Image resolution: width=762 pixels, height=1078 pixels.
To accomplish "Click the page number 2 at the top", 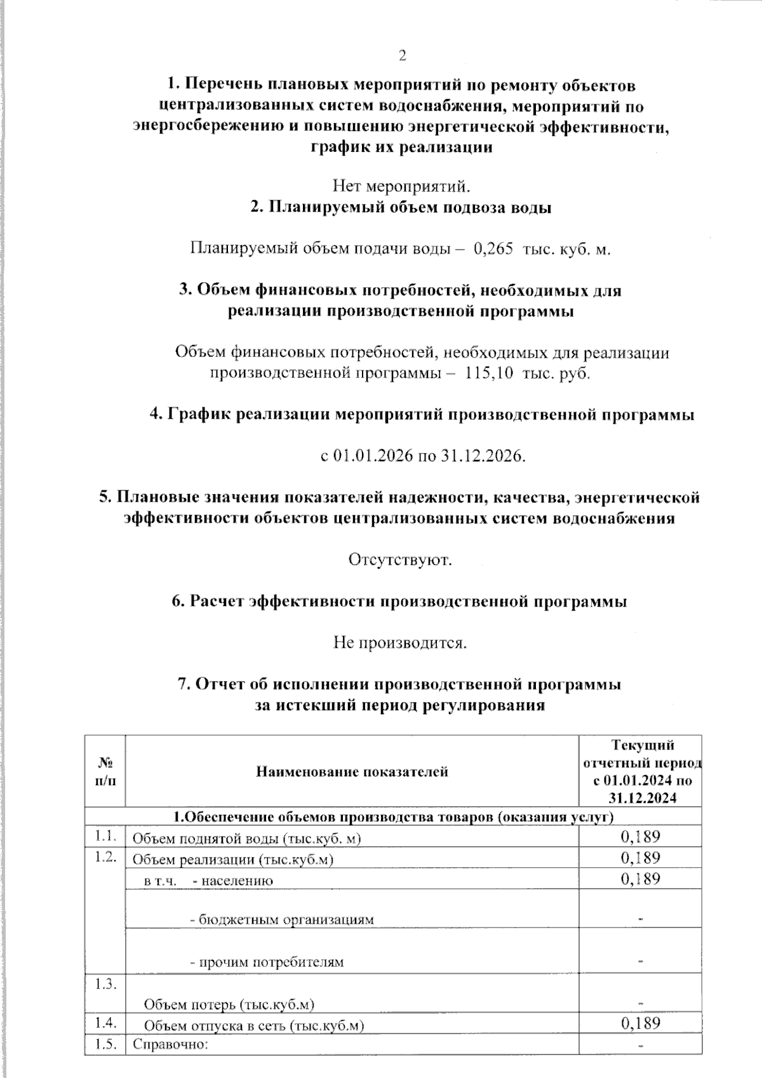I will click(x=401, y=56).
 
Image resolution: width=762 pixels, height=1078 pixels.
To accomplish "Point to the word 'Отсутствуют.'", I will click(x=400, y=560).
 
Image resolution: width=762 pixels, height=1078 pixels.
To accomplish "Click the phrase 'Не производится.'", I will click(x=400, y=643).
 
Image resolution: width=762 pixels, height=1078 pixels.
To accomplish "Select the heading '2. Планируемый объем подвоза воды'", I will click(x=400, y=208).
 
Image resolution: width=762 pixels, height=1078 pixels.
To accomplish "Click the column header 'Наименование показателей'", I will click(x=352, y=772).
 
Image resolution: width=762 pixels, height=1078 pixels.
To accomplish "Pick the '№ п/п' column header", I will click(x=105, y=772).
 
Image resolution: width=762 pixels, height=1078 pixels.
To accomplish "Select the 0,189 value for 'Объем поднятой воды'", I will click(x=640, y=837).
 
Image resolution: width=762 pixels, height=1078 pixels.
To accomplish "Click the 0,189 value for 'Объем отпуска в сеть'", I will click(x=640, y=1023).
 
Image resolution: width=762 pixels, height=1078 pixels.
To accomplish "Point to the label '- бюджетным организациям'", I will click(x=282, y=919).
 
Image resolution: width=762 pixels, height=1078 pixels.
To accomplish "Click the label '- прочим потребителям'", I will click(x=267, y=962).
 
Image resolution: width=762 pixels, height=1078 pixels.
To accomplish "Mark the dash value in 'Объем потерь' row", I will click(x=641, y=1004).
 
